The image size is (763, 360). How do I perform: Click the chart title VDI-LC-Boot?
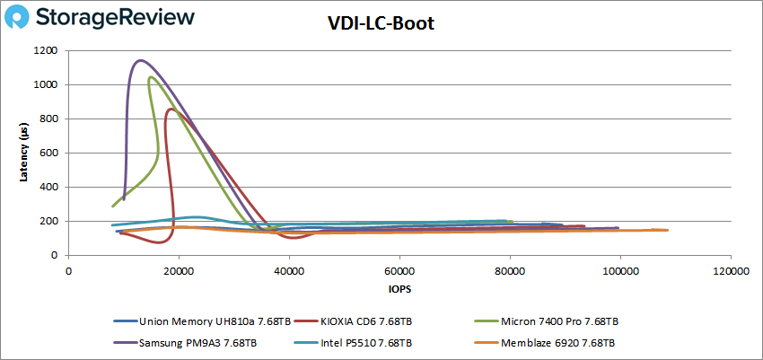click(x=381, y=24)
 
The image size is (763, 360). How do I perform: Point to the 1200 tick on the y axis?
click(x=49, y=51)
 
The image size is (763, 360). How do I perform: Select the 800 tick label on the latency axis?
click(x=52, y=119)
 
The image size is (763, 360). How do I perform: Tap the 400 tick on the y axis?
click(x=52, y=188)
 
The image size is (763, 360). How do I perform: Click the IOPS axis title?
click(x=399, y=290)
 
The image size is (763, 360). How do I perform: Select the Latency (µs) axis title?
click(x=24, y=153)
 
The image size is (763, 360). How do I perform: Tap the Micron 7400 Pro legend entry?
click(x=561, y=320)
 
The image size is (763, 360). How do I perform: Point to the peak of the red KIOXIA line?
click(x=171, y=110)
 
